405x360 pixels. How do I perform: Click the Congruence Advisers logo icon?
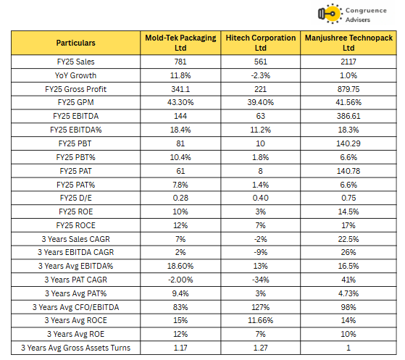point(330,14)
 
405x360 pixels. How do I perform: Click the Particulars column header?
point(75,43)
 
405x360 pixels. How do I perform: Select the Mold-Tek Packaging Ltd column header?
point(180,43)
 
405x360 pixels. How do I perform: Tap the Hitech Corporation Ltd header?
point(261,43)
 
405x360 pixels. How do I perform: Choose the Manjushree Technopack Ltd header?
point(348,43)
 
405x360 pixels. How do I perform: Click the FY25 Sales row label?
point(75,62)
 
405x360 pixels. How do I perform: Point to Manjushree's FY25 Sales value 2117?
point(348,62)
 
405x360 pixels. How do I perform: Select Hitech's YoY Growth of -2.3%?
point(261,75)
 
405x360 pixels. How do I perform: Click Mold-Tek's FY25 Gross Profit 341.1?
point(180,89)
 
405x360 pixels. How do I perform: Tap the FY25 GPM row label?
point(75,102)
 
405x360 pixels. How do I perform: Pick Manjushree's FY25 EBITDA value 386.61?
point(348,116)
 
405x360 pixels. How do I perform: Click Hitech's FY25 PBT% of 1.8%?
point(261,157)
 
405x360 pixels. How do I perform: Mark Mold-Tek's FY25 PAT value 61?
point(180,171)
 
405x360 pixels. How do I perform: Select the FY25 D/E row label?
point(75,198)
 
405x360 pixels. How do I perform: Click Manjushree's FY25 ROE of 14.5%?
point(348,212)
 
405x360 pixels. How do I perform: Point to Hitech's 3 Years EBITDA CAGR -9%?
point(261,252)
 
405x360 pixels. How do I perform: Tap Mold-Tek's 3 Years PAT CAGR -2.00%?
point(180,280)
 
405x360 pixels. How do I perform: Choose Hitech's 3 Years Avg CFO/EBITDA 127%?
point(261,307)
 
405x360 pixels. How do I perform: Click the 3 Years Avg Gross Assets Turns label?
point(75,348)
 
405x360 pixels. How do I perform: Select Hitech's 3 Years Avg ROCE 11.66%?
point(261,320)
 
